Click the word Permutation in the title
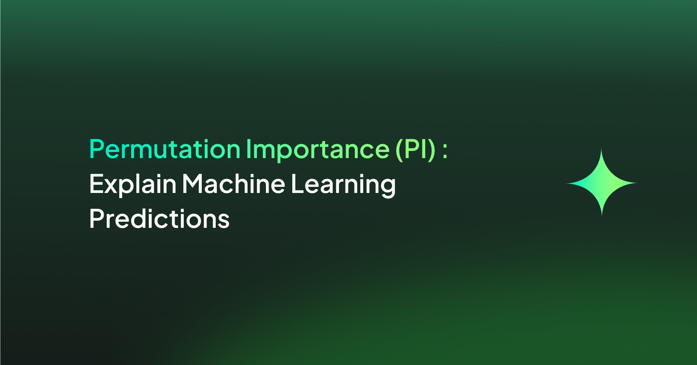click(165, 149)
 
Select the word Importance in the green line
click(318, 150)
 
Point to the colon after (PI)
click(445, 151)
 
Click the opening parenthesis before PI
click(399, 150)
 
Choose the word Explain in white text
click(133, 185)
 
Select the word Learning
click(343, 186)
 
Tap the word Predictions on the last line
click(159, 219)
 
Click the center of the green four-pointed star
click(602, 183)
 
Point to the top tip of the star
click(601, 148)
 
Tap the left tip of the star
click(566, 183)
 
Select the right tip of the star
click(637, 183)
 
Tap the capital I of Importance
click(248, 149)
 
